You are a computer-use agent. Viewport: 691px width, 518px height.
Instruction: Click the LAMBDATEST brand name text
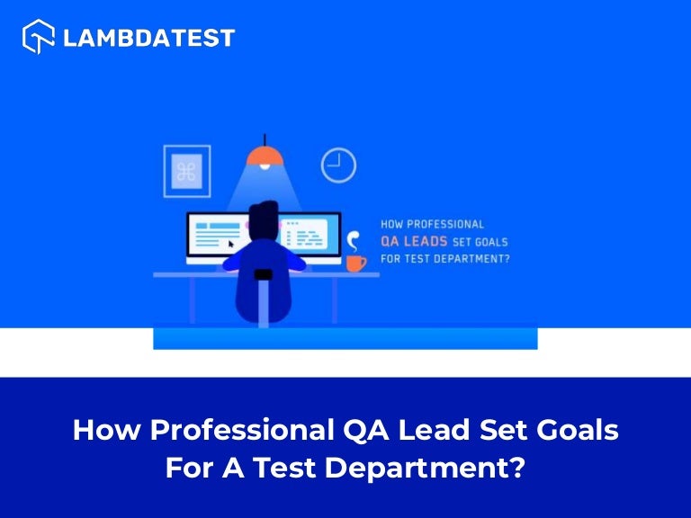pos(149,38)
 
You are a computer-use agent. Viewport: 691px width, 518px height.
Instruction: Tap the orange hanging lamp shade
pos(265,158)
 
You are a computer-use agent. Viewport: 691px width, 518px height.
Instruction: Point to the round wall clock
pos(338,165)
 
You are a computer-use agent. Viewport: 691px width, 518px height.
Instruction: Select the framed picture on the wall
pos(186,171)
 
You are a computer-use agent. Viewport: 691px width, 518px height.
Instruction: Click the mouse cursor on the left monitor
pos(231,244)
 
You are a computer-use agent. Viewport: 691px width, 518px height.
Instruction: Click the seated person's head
pos(264,219)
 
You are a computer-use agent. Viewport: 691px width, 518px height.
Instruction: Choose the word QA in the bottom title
pos(364,430)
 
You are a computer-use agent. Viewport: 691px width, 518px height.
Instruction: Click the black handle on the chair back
pos(264,274)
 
